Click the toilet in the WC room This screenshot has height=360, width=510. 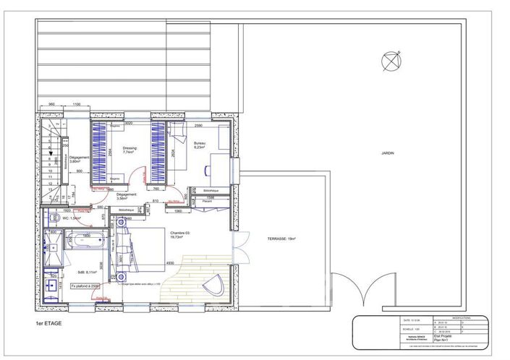tap(51, 217)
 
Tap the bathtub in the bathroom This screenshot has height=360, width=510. tap(85, 240)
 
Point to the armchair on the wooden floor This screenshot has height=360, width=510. tap(213, 283)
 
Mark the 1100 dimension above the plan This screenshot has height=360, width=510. tap(77, 105)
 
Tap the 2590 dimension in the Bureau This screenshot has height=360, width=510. tap(198, 125)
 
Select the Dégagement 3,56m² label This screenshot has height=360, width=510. tap(127, 196)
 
